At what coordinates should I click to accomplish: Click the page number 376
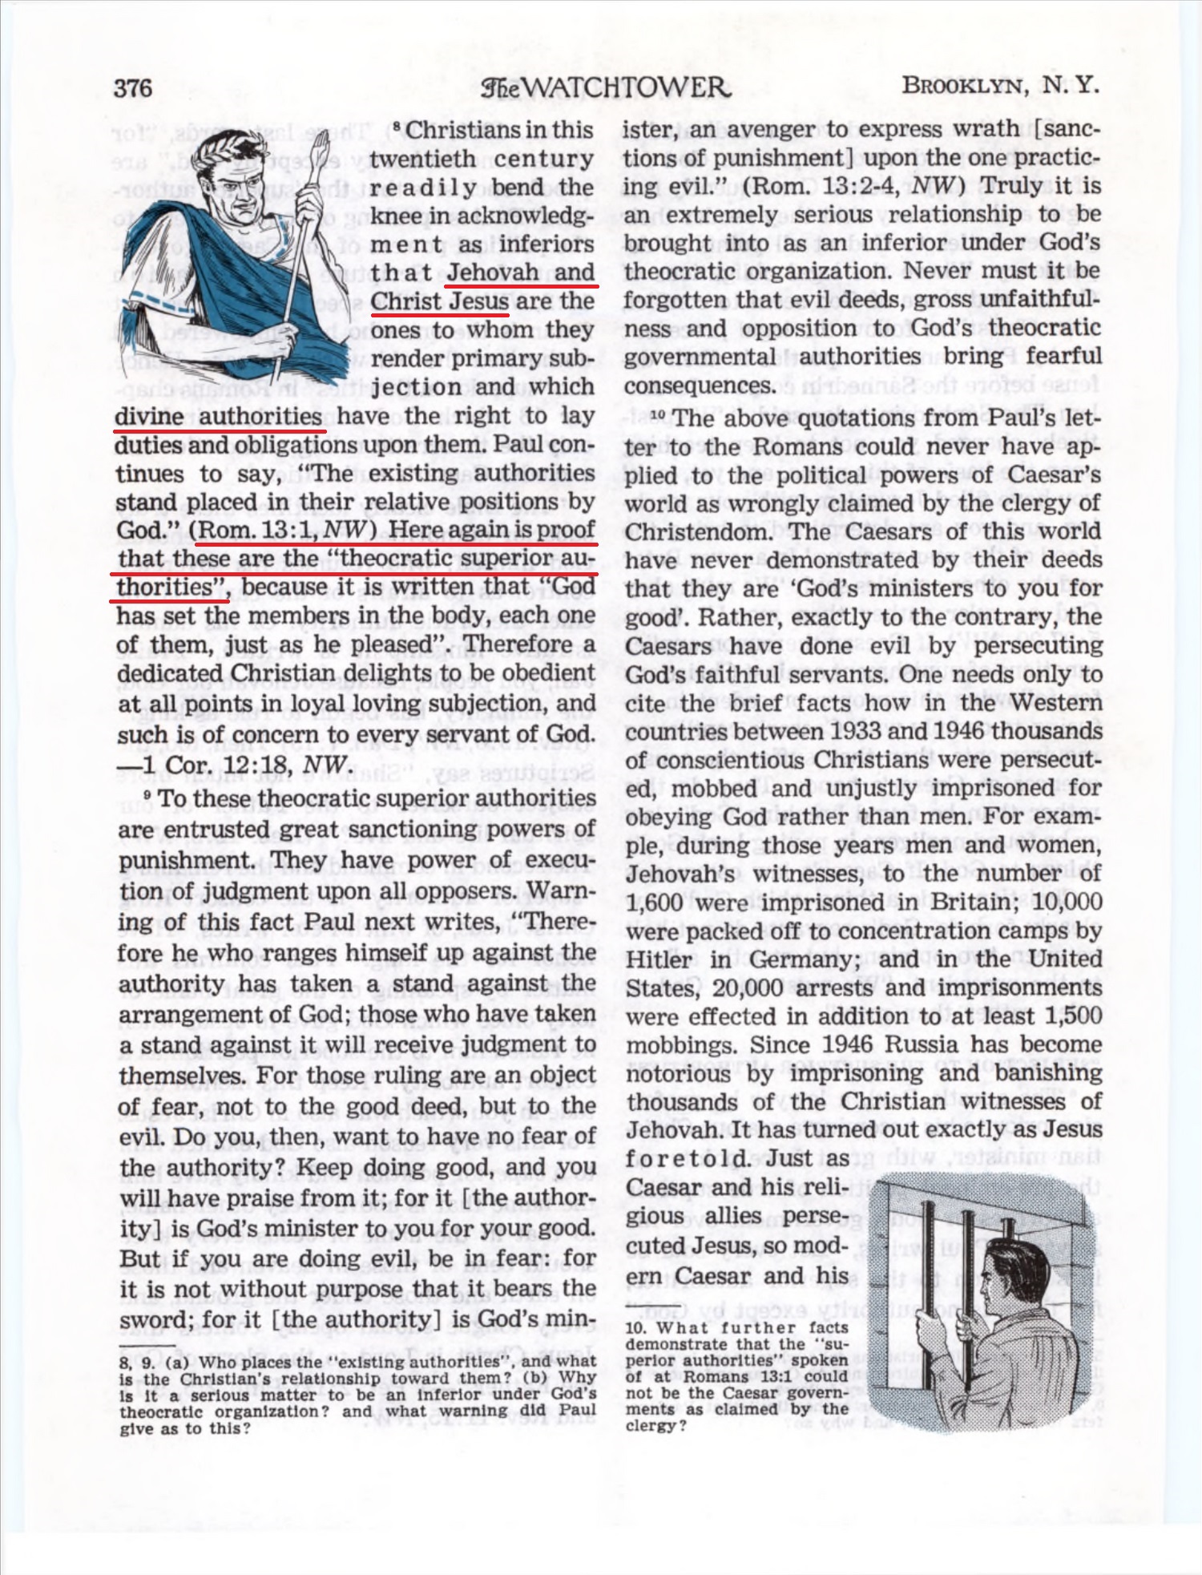tap(133, 87)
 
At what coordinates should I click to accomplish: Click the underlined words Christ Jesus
tap(439, 301)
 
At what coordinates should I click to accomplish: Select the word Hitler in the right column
tap(659, 959)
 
